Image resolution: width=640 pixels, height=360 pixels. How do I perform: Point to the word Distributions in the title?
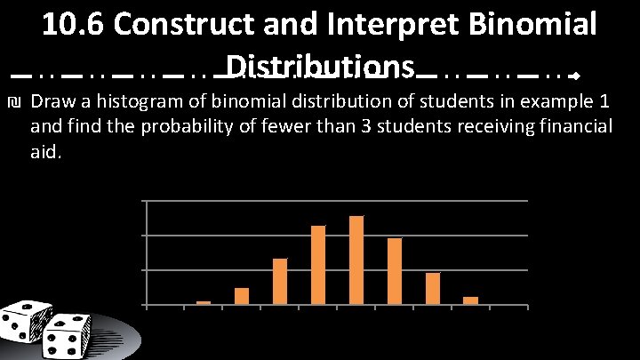[321, 67]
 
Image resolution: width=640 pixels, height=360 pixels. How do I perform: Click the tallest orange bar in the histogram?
[356, 260]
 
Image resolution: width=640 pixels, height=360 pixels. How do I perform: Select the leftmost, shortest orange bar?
[204, 302]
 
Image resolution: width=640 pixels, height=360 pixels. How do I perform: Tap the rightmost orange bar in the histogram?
[471, 300]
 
